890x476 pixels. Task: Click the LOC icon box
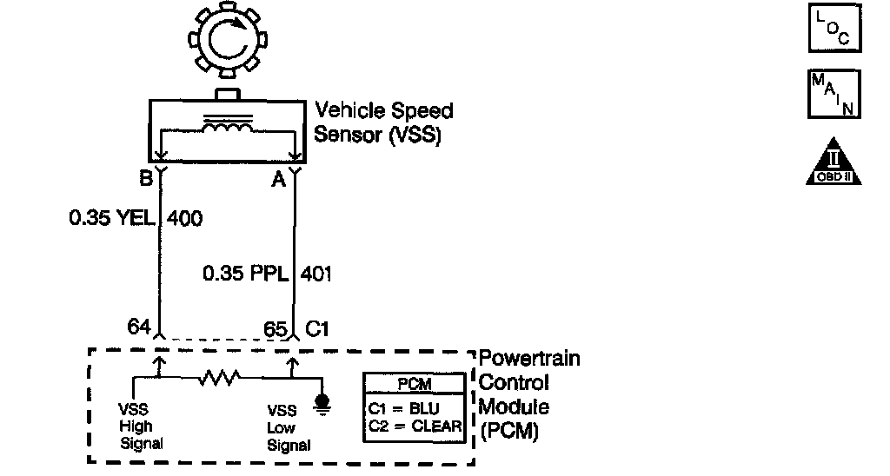point(834,29)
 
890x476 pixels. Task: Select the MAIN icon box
point(834,94)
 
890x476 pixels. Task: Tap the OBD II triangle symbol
point(834,162)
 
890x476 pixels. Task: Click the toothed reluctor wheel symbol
point(228,40)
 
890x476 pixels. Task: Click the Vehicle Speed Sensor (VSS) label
point(383,122)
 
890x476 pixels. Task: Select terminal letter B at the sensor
point(146,179)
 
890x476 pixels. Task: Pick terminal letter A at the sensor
point(278,180)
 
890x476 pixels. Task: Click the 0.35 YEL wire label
point(112,218)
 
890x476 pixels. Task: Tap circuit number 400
point(184,218)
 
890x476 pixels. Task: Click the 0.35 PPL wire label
point(245,274)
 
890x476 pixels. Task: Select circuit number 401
point(315,274)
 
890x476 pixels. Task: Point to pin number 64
point(139,327)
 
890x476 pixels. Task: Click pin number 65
point(276,329)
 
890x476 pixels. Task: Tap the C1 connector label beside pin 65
point(316,329)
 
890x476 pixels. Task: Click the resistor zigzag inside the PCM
point(219,377)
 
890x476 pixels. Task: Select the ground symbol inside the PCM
point(322,405)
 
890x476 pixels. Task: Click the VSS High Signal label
point(141,426)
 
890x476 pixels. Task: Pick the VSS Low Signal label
point(289,427)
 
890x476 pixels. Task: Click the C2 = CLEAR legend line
point(415,426)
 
